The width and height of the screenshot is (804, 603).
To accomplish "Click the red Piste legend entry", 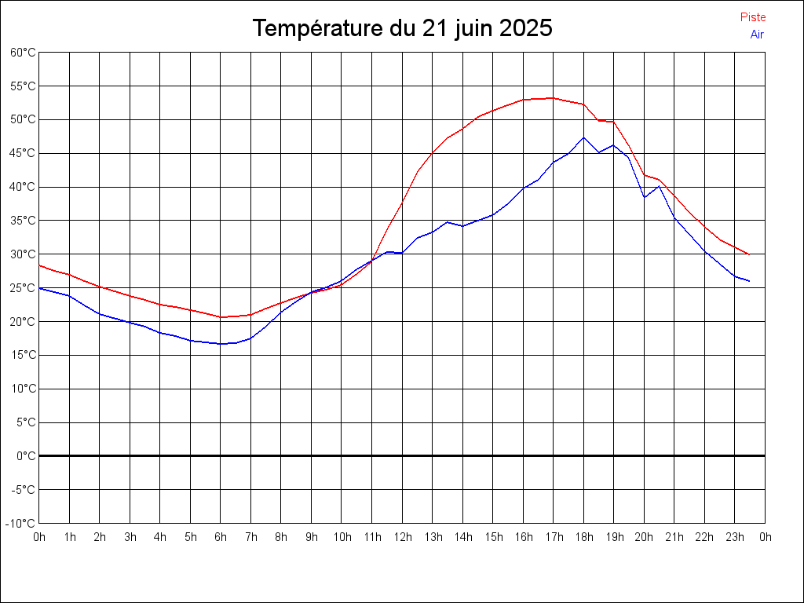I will click(753, 17).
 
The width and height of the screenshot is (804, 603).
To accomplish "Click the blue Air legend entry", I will click(757, 34).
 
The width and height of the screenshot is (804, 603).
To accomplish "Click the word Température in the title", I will click(318, 29).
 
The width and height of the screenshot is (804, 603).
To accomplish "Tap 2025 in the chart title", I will click(525, 29).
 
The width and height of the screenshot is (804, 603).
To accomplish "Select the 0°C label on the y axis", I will click(26, 455).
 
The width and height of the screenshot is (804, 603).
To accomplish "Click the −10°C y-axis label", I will click(21, 523).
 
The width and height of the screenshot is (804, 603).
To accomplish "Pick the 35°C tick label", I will click(23, 221).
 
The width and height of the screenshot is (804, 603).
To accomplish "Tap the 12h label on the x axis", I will click(402, 537).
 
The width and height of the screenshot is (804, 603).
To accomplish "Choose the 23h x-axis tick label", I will click(735, 537).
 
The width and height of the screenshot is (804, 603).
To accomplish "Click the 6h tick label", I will click(221, 537).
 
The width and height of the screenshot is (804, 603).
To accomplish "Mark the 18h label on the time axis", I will click(583, 537).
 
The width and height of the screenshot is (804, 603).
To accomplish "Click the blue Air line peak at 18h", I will click(583, 137).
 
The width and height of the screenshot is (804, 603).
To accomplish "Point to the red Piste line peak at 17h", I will click(553, 98).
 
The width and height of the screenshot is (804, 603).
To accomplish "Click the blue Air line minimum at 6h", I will click(221, 344).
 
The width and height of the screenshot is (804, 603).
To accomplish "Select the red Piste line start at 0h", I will click(39, 265).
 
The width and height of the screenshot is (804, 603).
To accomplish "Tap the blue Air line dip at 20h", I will click(645, 196).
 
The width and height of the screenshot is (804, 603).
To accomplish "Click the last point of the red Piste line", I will click(749, 254).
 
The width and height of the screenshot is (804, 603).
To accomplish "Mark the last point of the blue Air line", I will click(749, 281).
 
